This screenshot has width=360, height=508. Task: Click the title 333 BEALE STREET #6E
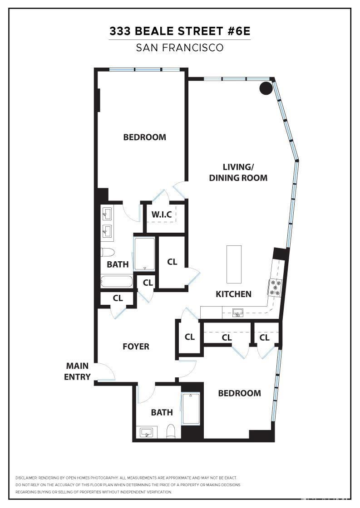tap(180, 31)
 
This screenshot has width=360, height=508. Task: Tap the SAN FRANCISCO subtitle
tap(180, 48)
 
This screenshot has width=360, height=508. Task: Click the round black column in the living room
tap(266, 88)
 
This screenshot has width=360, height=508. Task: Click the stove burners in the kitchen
tap(275, 288)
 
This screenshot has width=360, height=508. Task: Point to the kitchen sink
tap(237, 313)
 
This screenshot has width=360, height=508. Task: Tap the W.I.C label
tap(162, 215)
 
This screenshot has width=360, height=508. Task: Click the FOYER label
tap(136, 347)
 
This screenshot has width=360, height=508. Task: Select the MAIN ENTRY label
tap(78, 371)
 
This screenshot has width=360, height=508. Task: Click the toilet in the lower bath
tap(171, 430)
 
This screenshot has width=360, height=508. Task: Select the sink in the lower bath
tap(147, 432)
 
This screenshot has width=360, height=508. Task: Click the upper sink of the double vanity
tap(107, 214)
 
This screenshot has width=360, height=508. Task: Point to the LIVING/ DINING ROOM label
tap(238, 172)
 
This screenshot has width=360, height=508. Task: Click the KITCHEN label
tap(233, 294)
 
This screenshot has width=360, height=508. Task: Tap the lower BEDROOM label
tap(239, 393)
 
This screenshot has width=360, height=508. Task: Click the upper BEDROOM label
tap(144, 137)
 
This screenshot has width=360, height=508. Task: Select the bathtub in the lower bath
tap(191, 409)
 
